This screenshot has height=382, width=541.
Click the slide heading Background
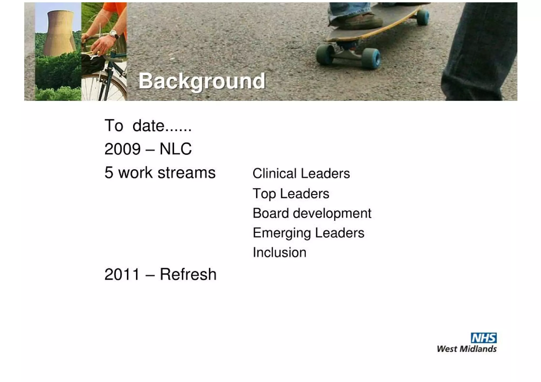pos(202,81)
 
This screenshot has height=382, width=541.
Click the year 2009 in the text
pos(122,149)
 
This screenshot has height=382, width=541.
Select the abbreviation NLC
pos(176,149)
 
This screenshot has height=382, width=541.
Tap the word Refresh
pos(188,274)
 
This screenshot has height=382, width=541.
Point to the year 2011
pos(122,274)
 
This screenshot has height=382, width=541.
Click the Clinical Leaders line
pos(301,173)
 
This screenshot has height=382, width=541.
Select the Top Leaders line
pos(291,194)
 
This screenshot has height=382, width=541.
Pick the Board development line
pos(312,213)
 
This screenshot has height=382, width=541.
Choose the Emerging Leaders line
pos(308,233)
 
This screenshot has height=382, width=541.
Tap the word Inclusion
pos(279,252)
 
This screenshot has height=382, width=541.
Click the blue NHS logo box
pos(483,338)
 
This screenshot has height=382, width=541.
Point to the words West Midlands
pos(467,349)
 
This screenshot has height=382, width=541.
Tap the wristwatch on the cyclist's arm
pos(114,34)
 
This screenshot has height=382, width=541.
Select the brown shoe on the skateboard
pos(357,20)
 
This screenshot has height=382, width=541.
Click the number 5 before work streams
pos(109,173)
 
